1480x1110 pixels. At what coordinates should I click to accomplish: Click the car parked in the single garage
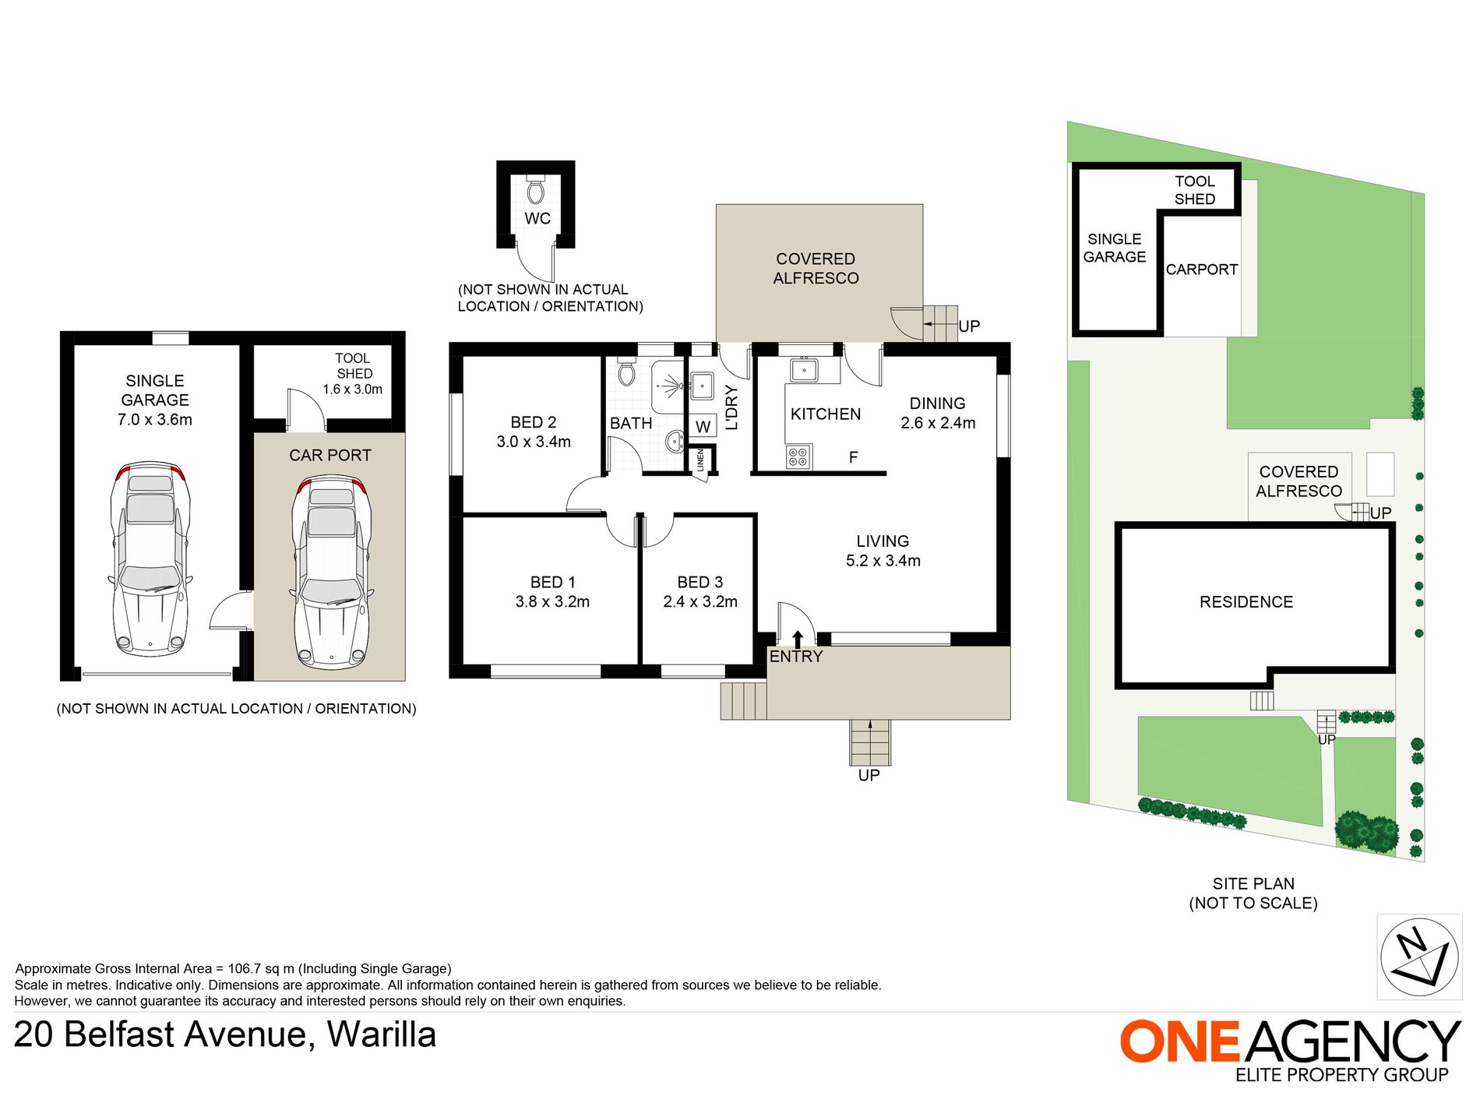click(x=150, y=559)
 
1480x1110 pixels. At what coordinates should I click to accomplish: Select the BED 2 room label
click(x=534, y=422)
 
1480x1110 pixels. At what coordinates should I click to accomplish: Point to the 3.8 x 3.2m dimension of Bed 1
click(x=552, y=602)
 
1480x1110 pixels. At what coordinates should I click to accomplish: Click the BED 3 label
click(x=700, y=583)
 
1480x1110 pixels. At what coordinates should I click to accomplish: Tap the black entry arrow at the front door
click(x=798, y=640)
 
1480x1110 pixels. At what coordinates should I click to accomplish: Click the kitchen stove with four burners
click(x=798, y=457)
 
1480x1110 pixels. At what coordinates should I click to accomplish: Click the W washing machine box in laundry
click(x=703, y=426)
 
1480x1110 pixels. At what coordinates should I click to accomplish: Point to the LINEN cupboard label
click(x=700, y=460)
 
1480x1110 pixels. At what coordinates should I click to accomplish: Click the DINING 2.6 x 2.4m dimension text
click(x=938, y=423)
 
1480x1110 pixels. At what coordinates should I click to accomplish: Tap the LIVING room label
click(x=883, y=541)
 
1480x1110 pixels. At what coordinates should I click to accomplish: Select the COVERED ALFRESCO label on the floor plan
click(x=816, y=269)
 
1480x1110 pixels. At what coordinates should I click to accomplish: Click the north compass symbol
click(x=1419, y=957)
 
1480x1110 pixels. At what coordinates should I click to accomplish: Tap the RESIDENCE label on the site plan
click(x=1246, y=602)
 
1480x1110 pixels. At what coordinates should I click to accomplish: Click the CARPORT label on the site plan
click(x=1202, y=270)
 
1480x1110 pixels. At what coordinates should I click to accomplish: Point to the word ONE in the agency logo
click(x=1179, y=1041)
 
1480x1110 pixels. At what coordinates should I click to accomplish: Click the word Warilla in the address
click(x=381, y=1035)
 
